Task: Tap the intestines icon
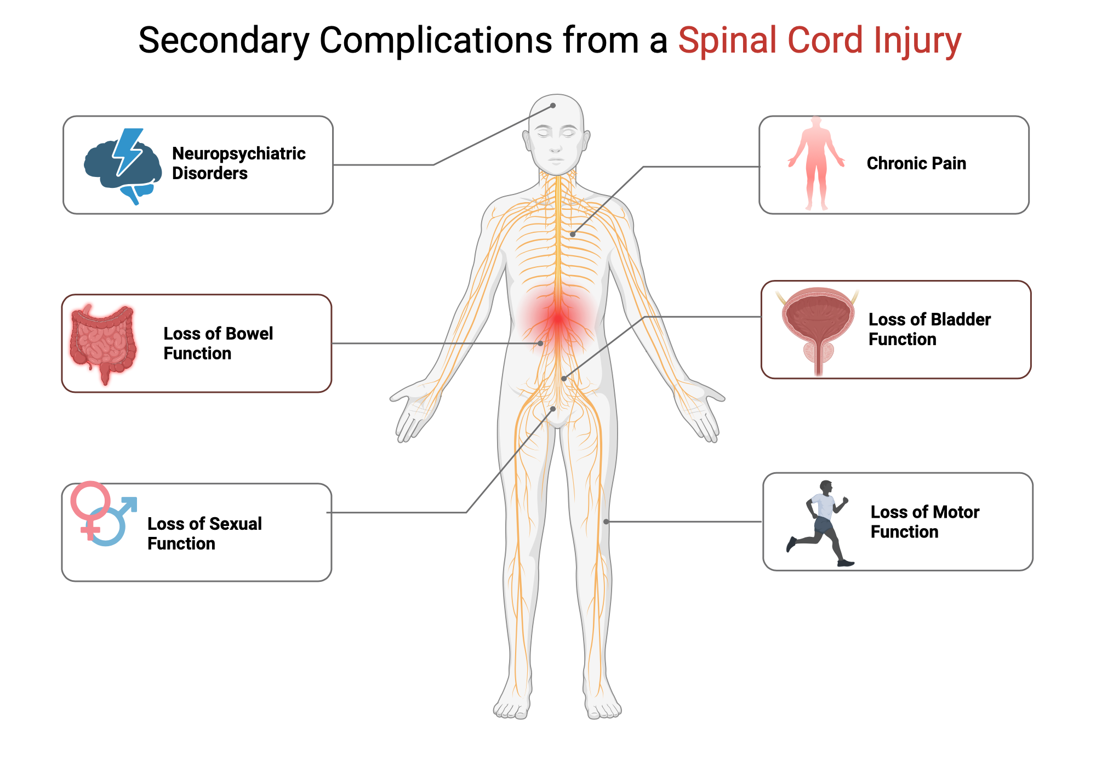(102, 344)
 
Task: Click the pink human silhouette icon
(816, 163)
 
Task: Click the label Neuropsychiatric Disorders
(238, 163)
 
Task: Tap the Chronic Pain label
(916, 163)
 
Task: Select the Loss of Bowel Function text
(218, 344)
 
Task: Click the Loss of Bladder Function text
(929, 329)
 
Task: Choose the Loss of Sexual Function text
(204, 534)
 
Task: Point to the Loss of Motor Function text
(924, 522)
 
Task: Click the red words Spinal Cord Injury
(819, 41)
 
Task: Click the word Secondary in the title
(224, 41)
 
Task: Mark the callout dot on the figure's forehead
(553, 106)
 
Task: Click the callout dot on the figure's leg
(606, 522)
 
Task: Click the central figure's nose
(556, 146)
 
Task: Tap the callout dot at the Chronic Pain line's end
(572, 234)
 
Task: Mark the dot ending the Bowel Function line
(540, 344)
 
